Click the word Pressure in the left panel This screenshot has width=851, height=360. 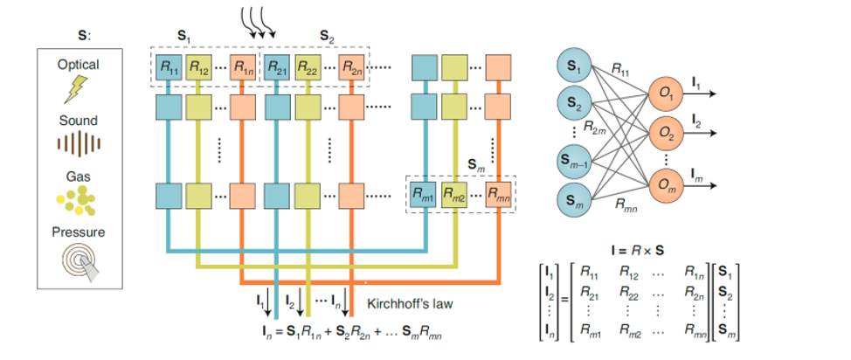[x=79, y=232]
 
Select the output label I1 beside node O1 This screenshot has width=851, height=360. [x=696, y=83]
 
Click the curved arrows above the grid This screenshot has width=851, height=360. [x=259, y=22]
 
